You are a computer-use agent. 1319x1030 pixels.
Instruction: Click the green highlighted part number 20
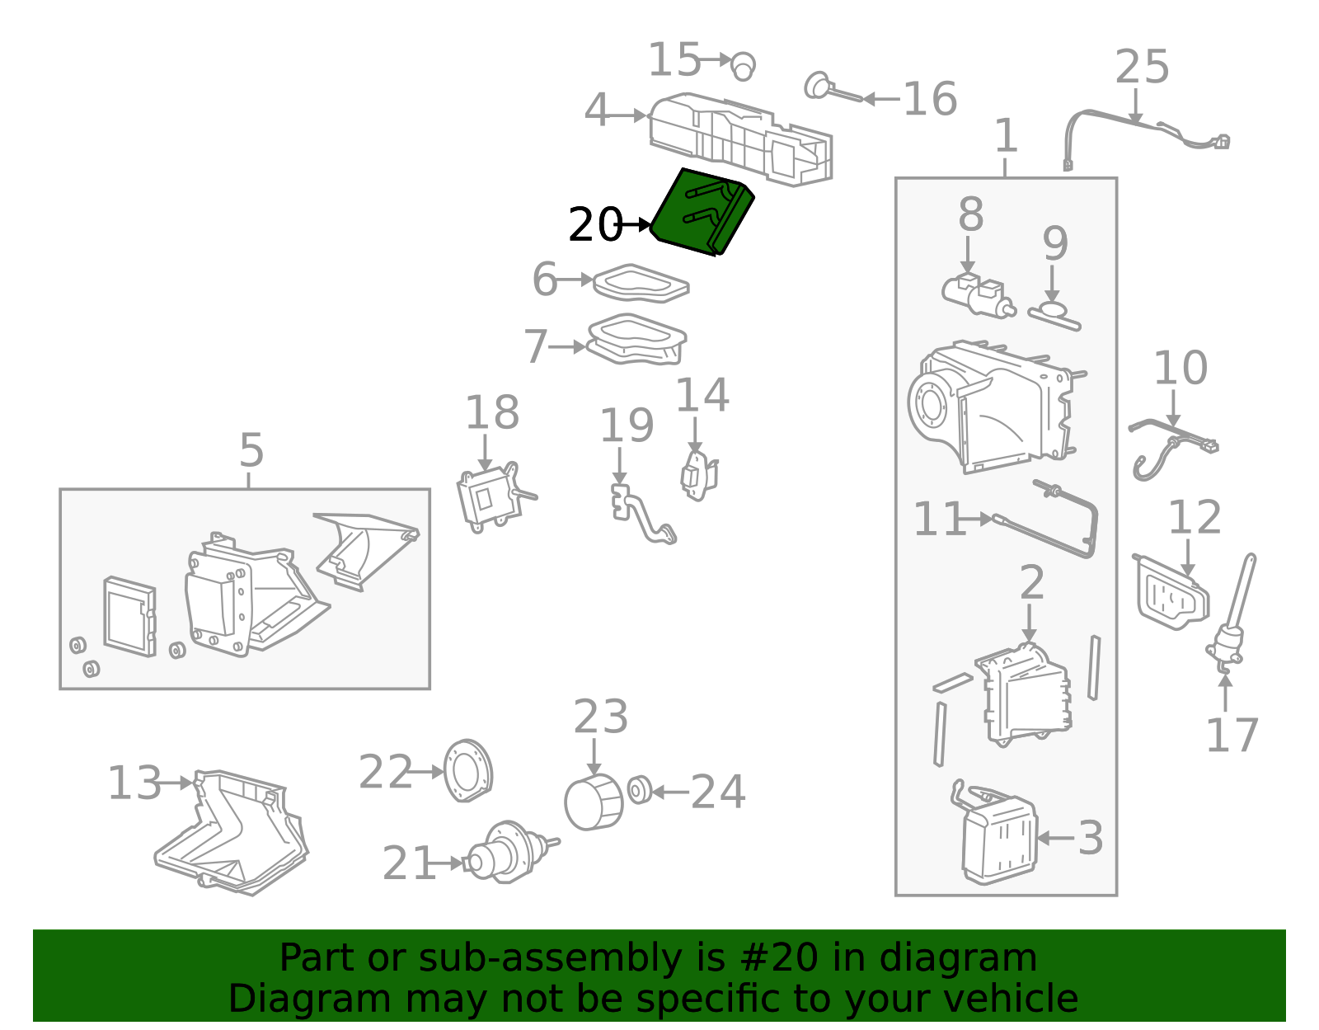pos(702,212)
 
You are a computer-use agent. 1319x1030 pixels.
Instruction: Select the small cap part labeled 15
pos(743,65)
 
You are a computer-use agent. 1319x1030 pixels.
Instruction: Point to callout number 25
pos(1142,68)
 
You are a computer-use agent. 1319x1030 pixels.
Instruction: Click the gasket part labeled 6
pos(641,283)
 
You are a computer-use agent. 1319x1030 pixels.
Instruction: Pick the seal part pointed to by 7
pos(636,340)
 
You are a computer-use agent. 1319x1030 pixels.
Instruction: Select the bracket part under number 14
pos(698,476)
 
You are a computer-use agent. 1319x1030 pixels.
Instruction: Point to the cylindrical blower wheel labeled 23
pos(593,802)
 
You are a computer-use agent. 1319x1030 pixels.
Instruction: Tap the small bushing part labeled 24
pos(639,790)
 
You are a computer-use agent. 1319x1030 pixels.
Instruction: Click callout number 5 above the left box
pos(251,451)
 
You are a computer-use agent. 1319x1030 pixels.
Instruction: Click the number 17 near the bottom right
pos(1232,736)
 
